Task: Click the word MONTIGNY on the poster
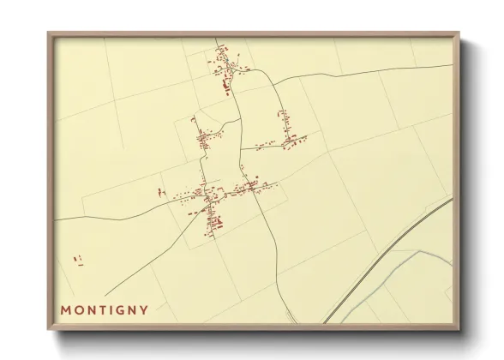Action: (x=104, y=310)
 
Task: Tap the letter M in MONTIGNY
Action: (x=65, y=310)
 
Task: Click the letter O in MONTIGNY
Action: (x=79, y=310)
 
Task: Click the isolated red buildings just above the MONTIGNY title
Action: (x=78, y=258)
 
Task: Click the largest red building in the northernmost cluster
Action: (x=227, y=84)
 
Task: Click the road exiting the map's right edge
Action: (x=429, y=67)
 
